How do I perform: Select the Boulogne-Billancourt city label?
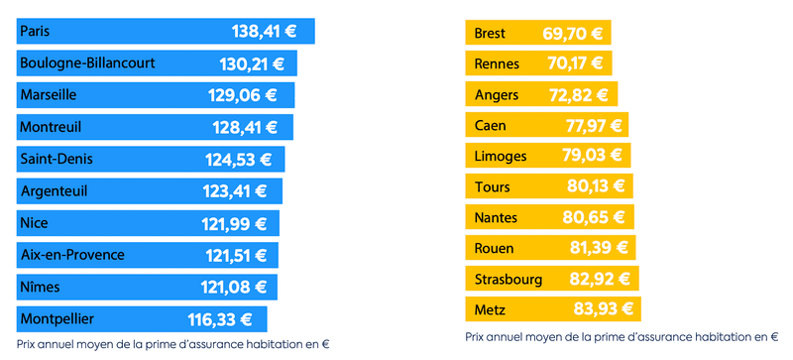tap(87, 63)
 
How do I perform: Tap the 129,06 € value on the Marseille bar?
tap(245, 95)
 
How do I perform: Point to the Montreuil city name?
tap(51, 127)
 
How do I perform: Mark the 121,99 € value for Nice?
tap(234, 223)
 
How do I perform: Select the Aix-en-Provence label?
tap(72, 255)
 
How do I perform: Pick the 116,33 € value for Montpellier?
tap(220, 319)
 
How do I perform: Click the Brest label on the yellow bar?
tap(491, 34)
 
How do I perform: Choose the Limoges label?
tap(501, 157)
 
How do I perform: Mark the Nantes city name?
tap(498, 217)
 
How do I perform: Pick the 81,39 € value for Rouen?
tap(597, 248)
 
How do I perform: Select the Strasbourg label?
tap(509, 279)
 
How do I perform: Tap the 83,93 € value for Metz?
tap(602, 309)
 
